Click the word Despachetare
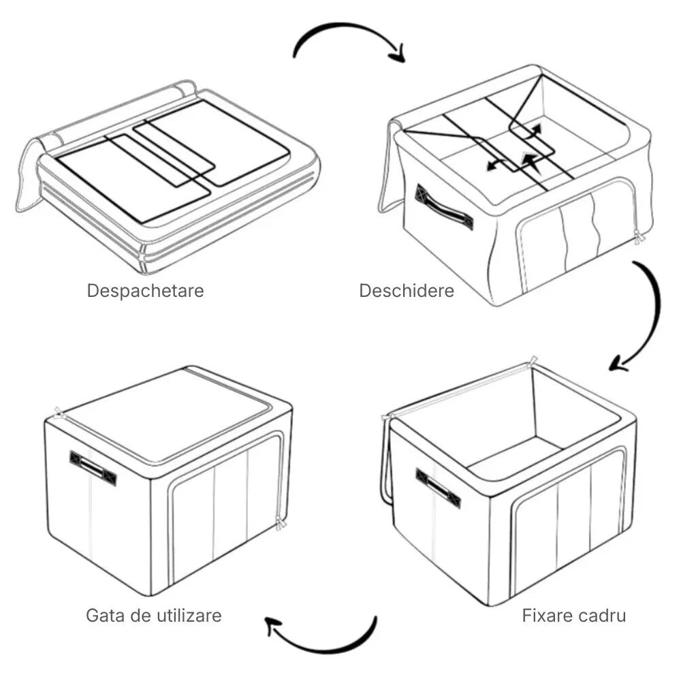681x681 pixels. tap(145, 291)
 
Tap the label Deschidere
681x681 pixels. tap(406, 291)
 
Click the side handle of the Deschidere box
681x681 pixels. tap(444, 208)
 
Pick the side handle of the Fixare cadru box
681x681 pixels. tap(438, 488)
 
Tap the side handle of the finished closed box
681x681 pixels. tap(93, 468)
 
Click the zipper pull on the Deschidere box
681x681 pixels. tap(638, 237)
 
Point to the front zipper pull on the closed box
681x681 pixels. tap(280, 522)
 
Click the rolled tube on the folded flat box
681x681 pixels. tap(116, 113)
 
